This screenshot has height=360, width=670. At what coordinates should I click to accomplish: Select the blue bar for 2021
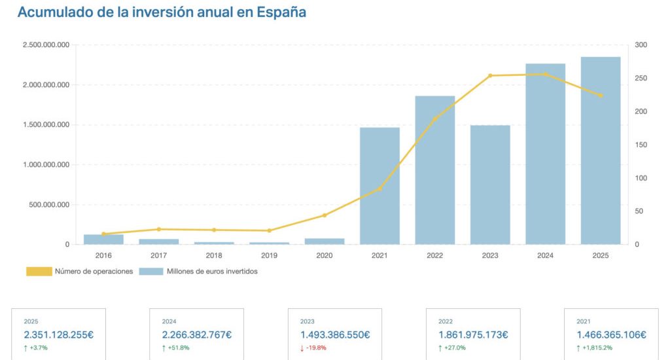(x=379, y=186)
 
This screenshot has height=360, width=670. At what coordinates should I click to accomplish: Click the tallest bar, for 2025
(x=601, y=151)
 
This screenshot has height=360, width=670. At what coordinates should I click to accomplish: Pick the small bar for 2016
(x=103, y=240)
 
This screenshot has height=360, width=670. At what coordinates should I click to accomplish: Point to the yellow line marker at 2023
(x=490, y=76)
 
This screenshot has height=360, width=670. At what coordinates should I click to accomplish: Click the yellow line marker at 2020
(x=325, y=215)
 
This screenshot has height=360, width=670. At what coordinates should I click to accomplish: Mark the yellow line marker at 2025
(x=601, y=96)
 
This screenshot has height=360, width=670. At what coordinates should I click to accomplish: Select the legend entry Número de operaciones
(x=80, y=271)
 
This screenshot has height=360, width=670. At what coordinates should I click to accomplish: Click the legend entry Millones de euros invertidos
(x=198, y=271)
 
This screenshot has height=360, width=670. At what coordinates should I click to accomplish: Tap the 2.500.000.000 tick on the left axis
(x=46, y=45)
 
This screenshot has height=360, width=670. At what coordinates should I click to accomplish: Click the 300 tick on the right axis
(x=641, y=45)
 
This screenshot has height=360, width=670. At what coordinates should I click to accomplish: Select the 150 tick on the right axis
(x=641, y=145)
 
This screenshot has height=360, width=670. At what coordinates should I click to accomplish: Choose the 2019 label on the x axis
(x=269, y=256)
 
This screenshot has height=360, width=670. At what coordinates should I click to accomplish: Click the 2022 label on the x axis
(x=434, y=256)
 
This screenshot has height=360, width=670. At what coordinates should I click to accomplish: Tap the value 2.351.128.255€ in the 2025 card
(x=59, y=334)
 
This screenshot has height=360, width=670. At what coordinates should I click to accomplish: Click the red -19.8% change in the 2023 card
(x=316, y=348)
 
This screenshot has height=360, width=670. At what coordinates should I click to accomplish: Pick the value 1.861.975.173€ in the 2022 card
(x=473, y=334)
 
